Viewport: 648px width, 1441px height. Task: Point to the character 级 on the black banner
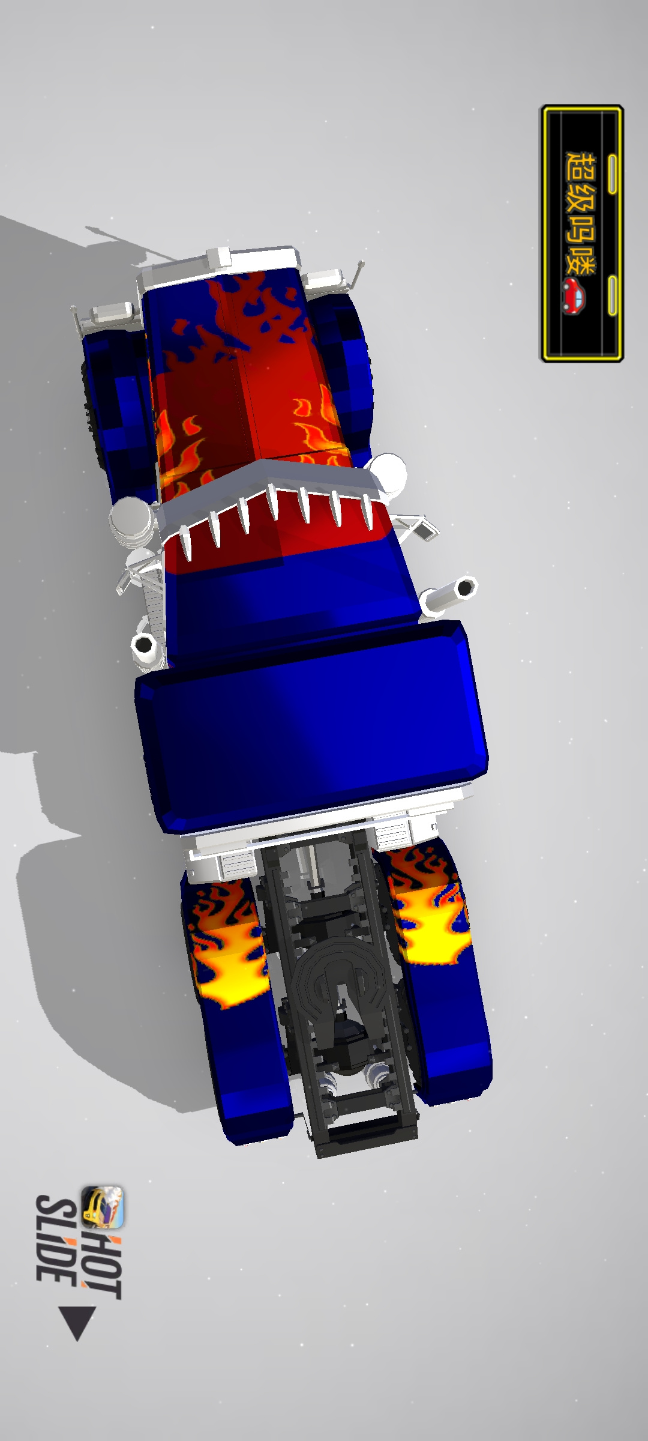pos(581,200)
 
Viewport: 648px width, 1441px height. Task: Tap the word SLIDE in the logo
pos(56,1240)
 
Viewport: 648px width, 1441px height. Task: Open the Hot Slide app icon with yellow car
pos(103,1207)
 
